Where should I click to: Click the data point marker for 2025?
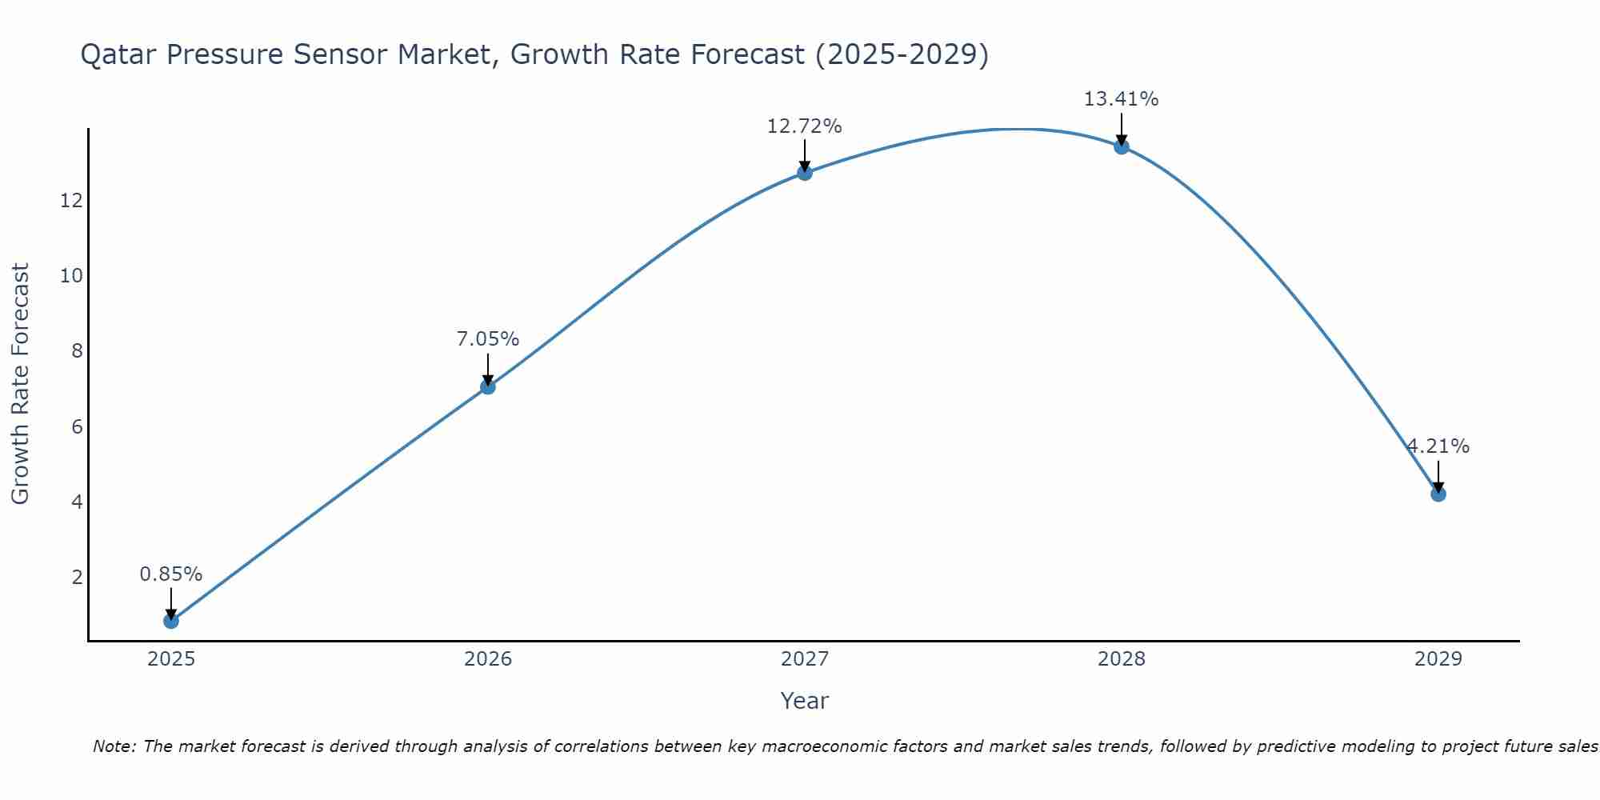pos(170,620)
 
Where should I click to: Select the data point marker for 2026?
pos(487,386)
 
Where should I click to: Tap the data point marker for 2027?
pos(804,172)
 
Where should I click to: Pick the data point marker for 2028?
pos(1121,146)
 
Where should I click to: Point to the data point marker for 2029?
pos(1438,494)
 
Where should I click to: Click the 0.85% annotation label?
pos(170,574)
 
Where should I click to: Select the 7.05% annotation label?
pos(487,339)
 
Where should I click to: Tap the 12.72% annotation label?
pos(804,126)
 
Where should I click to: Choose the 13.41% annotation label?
pos(1121,99)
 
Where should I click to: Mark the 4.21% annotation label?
pos(1438,446)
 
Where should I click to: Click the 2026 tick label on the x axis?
pos(487,659)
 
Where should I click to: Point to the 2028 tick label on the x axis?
pos(1121,659)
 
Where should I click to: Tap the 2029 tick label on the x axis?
pos(1438,659)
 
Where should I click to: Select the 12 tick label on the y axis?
pos(71,201)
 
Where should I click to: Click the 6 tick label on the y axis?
pos(77,427)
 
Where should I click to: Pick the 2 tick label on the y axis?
pos(77,578)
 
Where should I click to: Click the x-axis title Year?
pos(804,701)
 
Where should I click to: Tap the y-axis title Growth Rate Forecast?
pos(20,383)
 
